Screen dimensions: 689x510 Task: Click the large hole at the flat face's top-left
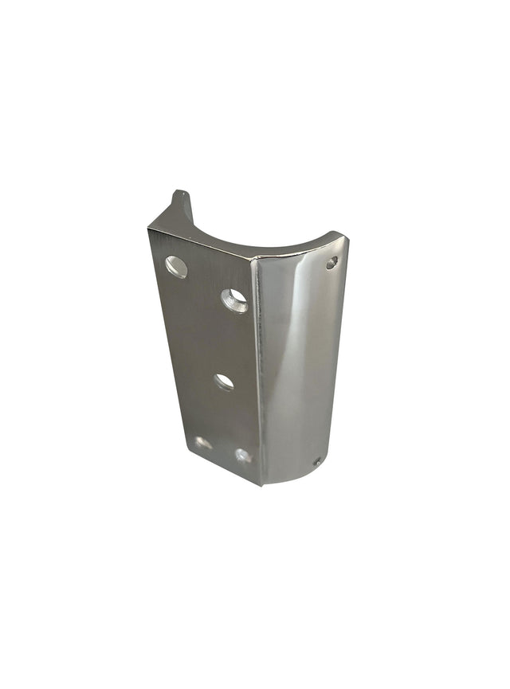[x=176, y=267]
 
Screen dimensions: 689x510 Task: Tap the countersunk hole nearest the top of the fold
[x=234, y=299]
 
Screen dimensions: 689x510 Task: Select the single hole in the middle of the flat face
[x=224, y=382]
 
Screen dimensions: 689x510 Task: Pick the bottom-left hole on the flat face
[x=203, y=442]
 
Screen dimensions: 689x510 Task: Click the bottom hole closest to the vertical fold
[x=243, y=456]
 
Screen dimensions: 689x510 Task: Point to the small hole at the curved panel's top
[x=331, y=262]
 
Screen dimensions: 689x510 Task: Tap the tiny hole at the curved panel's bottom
[x=316, y=461]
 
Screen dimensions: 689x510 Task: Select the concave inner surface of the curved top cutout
[x=255, y=239]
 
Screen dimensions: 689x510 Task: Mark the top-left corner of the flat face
[x=149, y=230]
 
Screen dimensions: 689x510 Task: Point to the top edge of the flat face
[x=199, y=244]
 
